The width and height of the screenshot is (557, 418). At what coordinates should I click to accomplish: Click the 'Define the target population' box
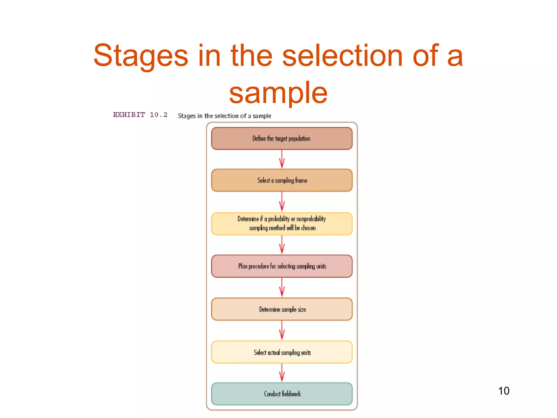[282, 139]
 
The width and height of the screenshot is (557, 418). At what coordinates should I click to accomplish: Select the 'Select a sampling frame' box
[282, 180]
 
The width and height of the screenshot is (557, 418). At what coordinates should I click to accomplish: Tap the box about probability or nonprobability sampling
[282, 223]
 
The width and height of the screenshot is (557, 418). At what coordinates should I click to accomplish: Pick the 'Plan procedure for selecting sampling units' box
[282, 266]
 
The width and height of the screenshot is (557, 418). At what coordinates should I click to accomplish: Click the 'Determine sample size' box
[282, 309]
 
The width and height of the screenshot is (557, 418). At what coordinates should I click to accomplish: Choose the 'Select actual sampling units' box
[282, 352]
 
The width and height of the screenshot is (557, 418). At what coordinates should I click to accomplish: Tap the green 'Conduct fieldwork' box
[282, 394]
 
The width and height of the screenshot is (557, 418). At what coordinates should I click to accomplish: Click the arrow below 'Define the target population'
[282, 159]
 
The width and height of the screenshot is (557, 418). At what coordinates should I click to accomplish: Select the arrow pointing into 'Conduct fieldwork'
[282, 373]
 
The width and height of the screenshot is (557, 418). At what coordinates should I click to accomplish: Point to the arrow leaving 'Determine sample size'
[282, 330]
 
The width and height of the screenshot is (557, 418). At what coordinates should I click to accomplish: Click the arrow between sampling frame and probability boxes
[282, 202]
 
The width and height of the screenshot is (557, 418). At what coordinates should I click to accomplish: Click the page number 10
[503, 391]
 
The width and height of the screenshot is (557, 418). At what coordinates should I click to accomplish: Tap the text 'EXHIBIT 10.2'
[140, 115]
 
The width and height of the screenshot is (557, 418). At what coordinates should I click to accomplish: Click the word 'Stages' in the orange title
[141, 56]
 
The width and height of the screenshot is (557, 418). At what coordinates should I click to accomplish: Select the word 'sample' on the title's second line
[278, 93]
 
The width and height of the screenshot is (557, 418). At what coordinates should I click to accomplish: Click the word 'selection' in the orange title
[342, 56]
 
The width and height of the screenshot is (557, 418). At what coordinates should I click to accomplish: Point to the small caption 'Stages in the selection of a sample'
[224, 116]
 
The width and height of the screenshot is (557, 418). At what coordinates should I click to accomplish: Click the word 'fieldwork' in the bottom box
[291, 394]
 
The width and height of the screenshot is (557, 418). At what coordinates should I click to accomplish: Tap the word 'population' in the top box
[299, 139]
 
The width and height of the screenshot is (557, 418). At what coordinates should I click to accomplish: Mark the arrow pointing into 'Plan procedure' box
[282, 245]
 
